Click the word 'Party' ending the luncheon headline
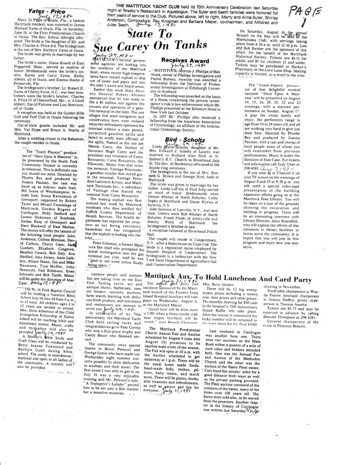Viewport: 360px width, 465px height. click(301, 280)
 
